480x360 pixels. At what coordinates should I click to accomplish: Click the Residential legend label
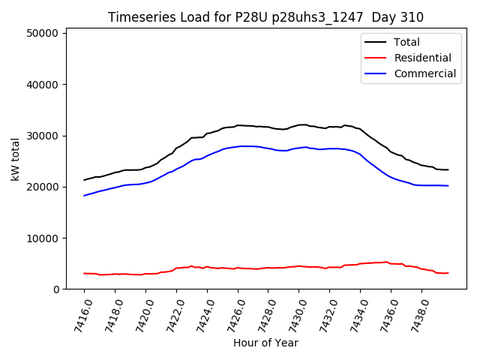click(x=422, y=58)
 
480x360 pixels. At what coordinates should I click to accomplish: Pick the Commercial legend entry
click(x=424, y=73)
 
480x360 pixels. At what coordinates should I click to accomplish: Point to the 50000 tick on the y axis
click(x=44, y=34)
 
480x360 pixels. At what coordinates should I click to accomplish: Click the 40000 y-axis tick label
click(x=44, y=85)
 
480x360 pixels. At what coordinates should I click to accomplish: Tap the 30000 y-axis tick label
click(x=44, y=136)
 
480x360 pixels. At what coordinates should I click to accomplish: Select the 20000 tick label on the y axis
click(x=44, y=187)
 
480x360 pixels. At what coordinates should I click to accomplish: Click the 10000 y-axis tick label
click(x=44, y=238)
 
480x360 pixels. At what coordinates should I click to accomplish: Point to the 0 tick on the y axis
click(x=57, y=289)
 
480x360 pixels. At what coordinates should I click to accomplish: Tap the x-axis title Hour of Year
click(x=265, y=343)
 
